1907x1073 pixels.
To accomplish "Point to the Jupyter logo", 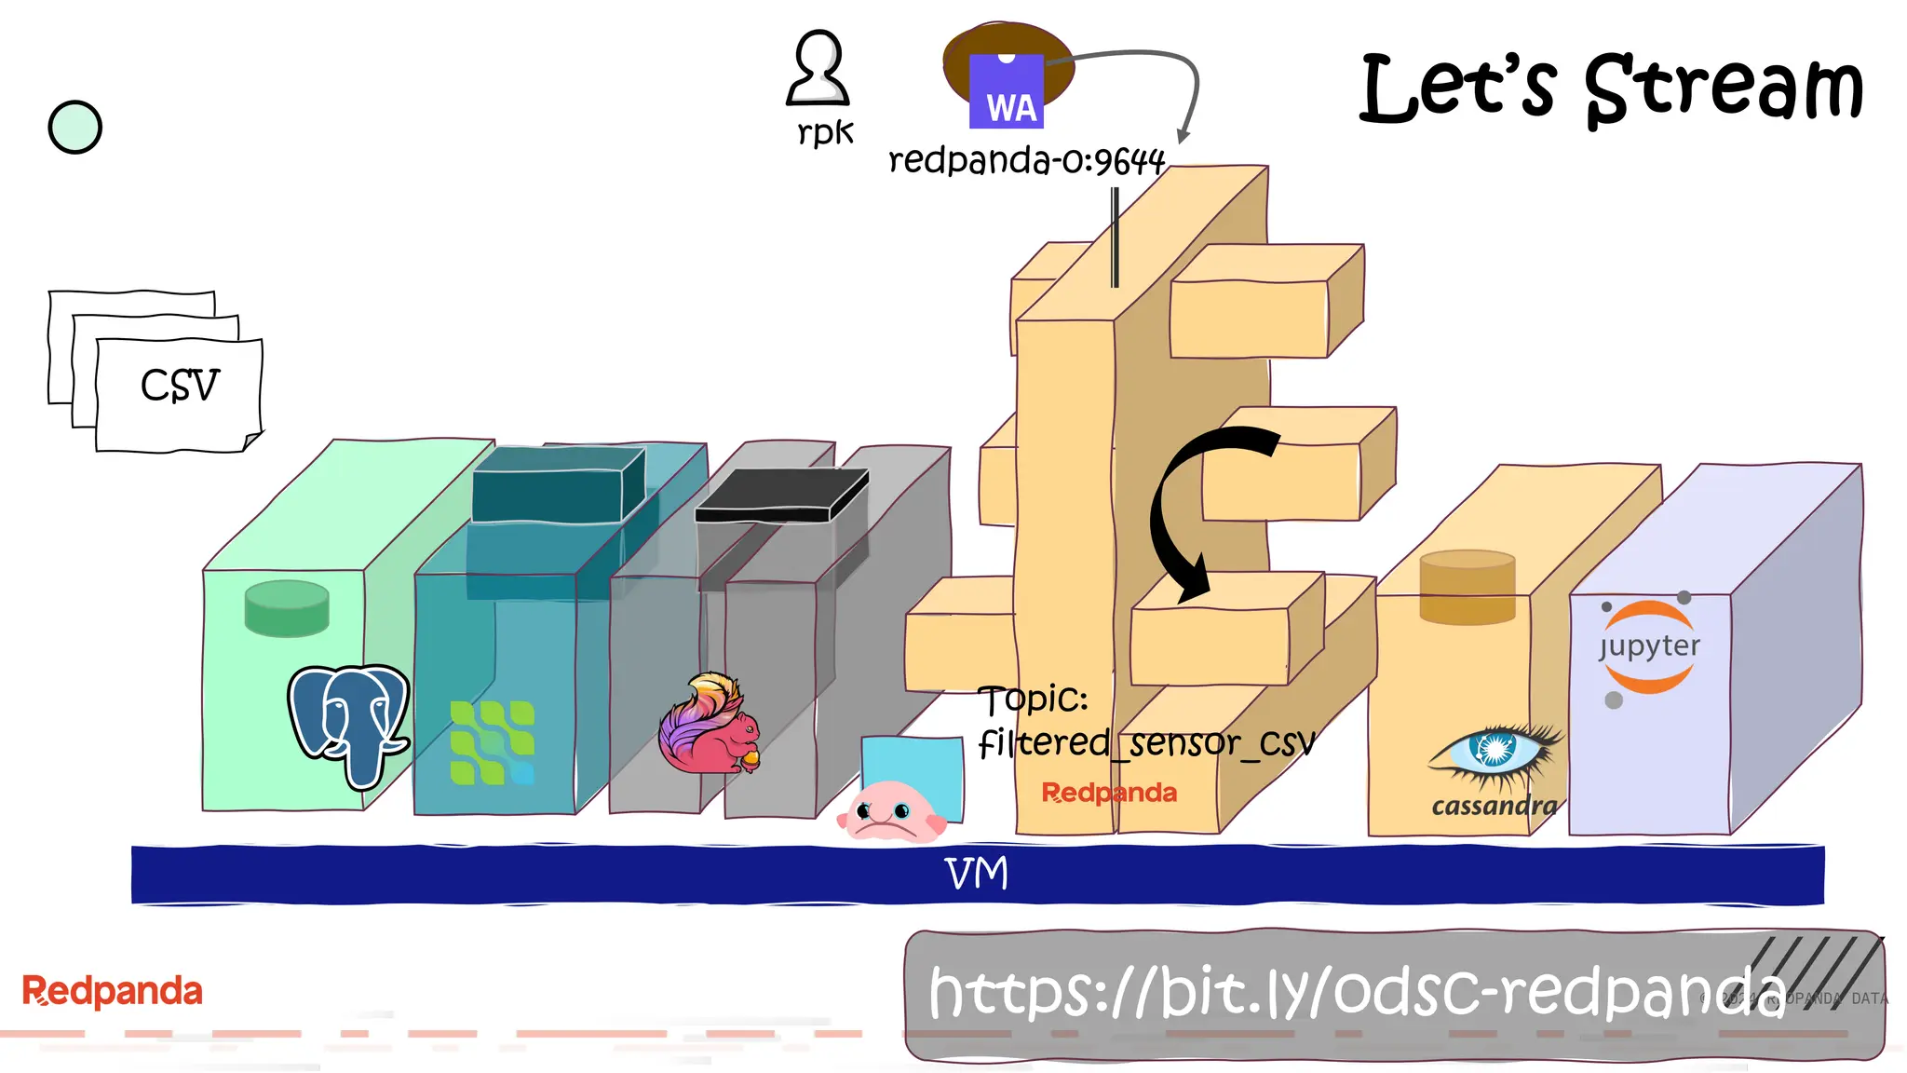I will (x=1649, y=647).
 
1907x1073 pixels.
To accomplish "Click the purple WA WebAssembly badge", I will (x=1007, y=92).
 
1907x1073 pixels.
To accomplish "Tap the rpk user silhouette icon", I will (x=818, y=69).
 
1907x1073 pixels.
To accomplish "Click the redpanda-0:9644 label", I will (x=1026, y=161).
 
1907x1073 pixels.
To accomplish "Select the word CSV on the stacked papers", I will (x=180, y=386).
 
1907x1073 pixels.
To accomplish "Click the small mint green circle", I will (x=74, y=128).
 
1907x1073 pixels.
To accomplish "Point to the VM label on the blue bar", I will (x=976, y=874).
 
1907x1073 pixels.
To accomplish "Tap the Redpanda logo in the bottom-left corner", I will (x=112, y=991).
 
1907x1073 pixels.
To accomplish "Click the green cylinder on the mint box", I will (x=287, y=608).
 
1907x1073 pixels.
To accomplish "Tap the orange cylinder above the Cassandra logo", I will (x=1467, y=587).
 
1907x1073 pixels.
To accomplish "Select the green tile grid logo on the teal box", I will (x=492, y=742).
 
